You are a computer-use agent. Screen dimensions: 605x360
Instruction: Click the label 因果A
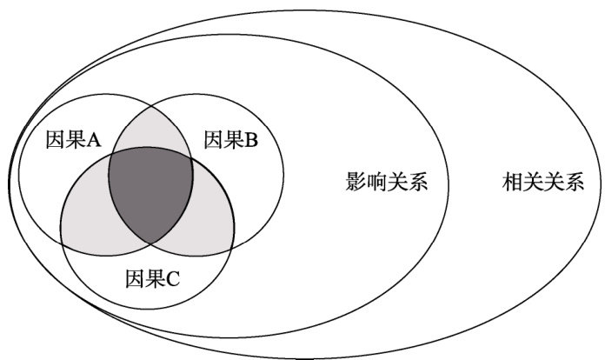74,139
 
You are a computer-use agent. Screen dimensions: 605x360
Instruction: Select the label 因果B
230,139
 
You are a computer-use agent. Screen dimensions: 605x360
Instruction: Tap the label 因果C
152,279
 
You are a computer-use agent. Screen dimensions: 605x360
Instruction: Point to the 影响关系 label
387,183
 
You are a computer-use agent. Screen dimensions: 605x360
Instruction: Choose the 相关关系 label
543,183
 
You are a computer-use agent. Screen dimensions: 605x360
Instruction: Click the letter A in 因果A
94,139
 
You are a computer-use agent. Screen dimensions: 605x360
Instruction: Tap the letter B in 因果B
250,139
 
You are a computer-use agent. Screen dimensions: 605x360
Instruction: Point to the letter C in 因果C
172,279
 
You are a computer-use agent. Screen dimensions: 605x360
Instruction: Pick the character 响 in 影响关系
376,183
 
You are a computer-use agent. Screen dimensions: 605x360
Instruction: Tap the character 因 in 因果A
54,139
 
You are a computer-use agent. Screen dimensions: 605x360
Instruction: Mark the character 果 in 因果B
231,139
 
